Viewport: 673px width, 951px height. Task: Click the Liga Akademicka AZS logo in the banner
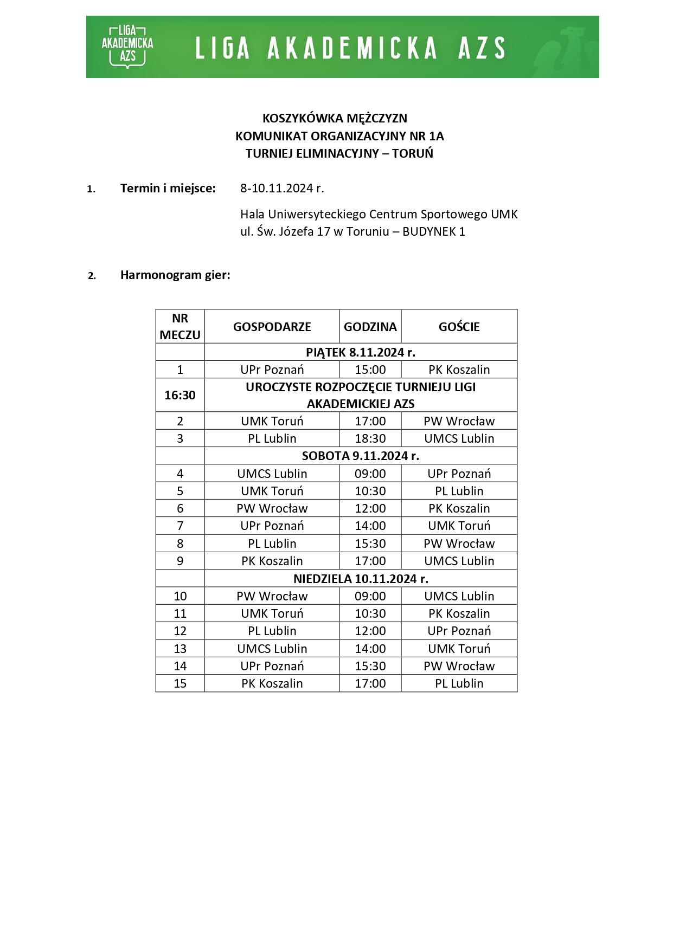(127, 47)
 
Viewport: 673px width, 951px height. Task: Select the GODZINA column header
(370, 327)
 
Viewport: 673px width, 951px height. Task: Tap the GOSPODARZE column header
(272, 327)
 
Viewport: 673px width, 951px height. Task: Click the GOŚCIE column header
(459, 327)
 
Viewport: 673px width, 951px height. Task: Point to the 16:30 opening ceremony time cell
(180, 395)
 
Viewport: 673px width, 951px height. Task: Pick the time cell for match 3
(370, 438)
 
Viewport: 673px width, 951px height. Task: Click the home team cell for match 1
(272, 370)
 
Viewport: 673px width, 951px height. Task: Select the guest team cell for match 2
(459, 421)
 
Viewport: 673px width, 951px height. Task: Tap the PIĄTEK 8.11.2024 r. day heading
(361, 352)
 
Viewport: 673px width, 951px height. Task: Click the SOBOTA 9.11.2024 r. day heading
(361, 456)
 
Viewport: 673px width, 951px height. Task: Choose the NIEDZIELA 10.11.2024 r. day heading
(361, 579)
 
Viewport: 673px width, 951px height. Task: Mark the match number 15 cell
(180, 683)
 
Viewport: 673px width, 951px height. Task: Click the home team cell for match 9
(272, 561)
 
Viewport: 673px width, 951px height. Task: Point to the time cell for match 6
(370, 508)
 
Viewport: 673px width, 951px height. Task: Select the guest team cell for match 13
(459, 649)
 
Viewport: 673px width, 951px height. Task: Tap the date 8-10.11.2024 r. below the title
(282, 188)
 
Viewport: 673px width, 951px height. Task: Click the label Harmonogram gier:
(175, 275)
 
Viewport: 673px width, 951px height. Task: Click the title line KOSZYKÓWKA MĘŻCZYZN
(335, 118)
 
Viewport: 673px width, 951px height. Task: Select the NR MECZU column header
(180, 326)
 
